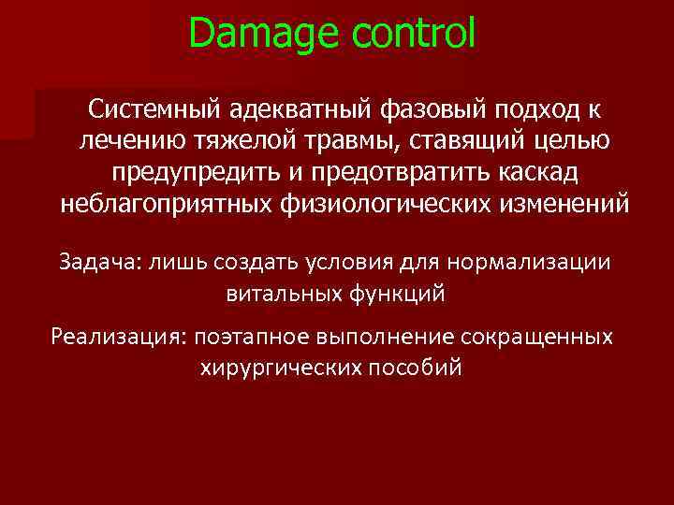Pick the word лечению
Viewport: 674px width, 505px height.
coord(125,141)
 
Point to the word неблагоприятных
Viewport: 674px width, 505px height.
coord(165,204)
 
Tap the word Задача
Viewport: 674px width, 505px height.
coord(97,262)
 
